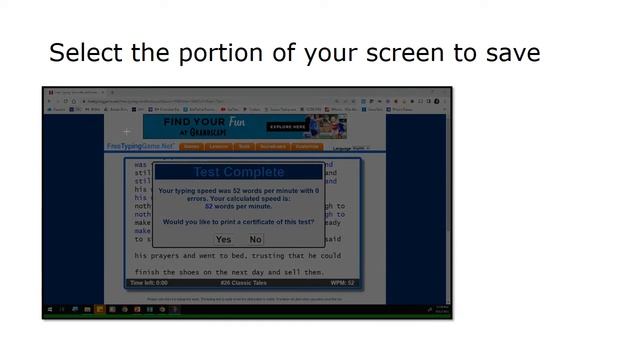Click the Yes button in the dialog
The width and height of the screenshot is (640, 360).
pos(223,240)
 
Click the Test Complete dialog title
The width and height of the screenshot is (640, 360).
pos(238,172)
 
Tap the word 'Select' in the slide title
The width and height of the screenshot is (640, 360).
pos(87,52)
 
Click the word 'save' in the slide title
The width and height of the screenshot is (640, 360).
pos(508,52)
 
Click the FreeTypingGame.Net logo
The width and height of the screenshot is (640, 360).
pos(140,147)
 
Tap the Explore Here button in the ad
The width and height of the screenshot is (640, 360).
pos(288,127)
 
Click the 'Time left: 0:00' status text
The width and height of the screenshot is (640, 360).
pos(149,283)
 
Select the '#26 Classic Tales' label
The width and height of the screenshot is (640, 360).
pos(245,283)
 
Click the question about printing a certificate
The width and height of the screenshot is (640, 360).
pos(238,221)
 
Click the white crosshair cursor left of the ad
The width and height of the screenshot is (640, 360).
pos(127,131)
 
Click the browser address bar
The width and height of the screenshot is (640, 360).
pos(200,101)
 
